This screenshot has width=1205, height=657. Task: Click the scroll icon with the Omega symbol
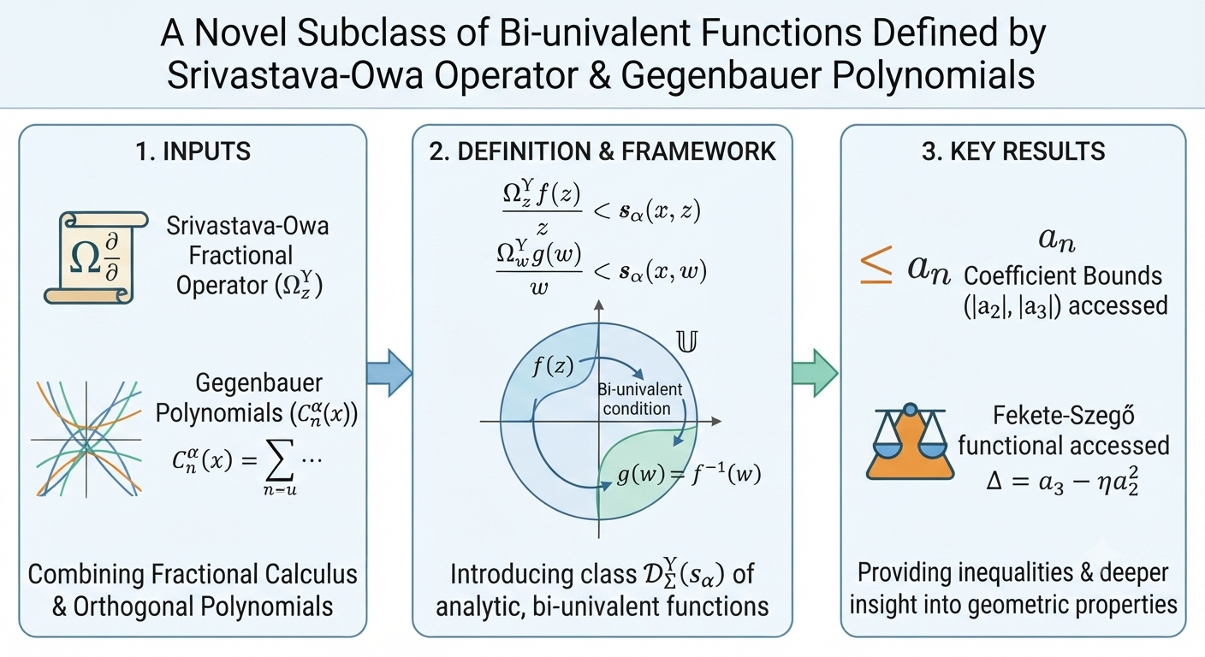point(96,257)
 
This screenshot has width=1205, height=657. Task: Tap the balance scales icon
point(910,441)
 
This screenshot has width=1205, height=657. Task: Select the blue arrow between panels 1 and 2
point(389,373)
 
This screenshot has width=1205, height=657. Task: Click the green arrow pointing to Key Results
point(815,373)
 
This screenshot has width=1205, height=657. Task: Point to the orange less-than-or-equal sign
point(876,264)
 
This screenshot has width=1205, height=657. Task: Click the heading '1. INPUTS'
point(193,151)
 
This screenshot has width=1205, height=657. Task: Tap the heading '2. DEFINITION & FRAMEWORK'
point(602,151)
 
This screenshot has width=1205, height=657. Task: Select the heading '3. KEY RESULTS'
point(1013,151)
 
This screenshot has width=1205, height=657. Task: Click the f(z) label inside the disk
point(553,367)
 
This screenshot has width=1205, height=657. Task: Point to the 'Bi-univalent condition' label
point(639,399)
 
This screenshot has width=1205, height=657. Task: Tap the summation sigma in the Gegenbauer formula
point(281,460)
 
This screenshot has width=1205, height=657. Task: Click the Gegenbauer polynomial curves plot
point(86,439)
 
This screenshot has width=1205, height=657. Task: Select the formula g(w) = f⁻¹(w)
point(689,475)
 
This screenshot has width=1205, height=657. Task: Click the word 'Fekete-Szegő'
point(1064,416)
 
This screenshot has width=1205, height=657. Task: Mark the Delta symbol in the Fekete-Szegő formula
point(994,481)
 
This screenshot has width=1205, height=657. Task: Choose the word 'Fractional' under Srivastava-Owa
point(240,256)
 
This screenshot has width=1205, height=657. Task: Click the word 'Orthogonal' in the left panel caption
point(134,606)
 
